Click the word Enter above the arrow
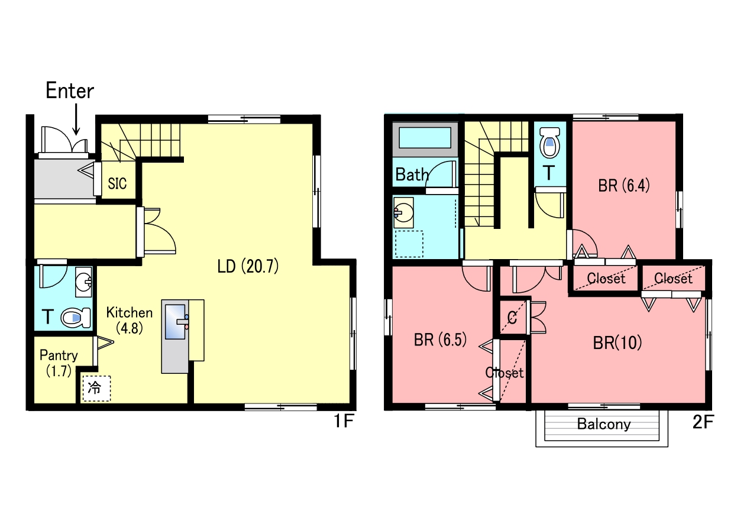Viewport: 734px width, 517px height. tap(70, 91)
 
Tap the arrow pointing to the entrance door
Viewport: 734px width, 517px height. tap(76, 119)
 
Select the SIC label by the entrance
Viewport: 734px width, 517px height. tap(117, 183)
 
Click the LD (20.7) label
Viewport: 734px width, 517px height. tap(248, 266)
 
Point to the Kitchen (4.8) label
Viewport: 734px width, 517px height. tap(130, 320)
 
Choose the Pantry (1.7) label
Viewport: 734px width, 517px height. tap(59, 363)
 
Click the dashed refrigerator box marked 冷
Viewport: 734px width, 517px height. tap(96, 388)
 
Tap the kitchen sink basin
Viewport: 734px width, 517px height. tap(175, 322)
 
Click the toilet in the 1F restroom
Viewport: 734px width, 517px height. tap(76, 317)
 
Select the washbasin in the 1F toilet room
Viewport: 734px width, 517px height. tap(83, 282)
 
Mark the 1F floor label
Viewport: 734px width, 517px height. tap(344, 421)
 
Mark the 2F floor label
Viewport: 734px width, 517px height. tap(703, 422)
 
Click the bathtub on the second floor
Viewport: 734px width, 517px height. tap(425, 140)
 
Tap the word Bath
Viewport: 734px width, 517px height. tap(412, 175)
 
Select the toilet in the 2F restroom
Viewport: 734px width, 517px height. tap(550, 143)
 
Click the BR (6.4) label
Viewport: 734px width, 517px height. tap(624, 185)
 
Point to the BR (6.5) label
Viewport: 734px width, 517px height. tap(440, 340)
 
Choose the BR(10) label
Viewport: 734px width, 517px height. tap(617, 342)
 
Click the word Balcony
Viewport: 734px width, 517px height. tap(604, 424)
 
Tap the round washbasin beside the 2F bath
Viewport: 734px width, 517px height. tap(404, 212)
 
